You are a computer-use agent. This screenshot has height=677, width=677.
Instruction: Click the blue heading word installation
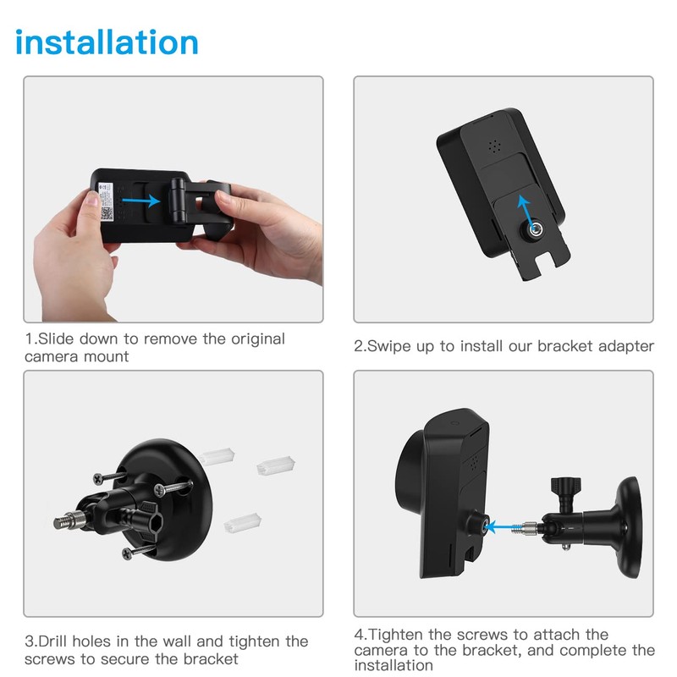point(107,41)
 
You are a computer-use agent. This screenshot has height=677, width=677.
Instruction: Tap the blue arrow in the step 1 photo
point(140,201)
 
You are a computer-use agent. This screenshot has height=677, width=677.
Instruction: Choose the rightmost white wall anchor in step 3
point(277,465)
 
